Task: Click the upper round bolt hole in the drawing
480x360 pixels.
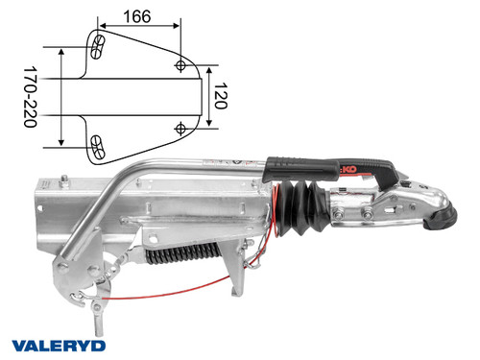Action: click(x=182, y=63)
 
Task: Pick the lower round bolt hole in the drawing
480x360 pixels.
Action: click(x=182, y=127)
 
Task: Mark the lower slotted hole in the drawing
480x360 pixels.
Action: click(x=98, y=145)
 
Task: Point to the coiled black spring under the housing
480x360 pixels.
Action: click(x=182, y=255)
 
